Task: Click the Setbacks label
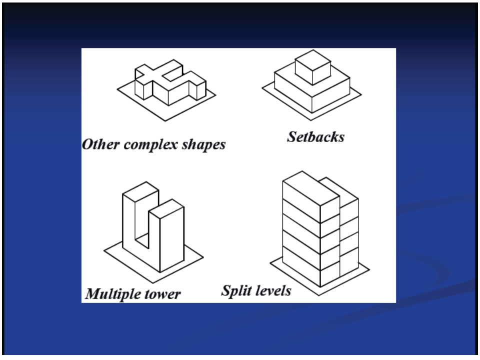(315, 137)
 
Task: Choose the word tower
(164, 294)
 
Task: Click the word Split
(234, 290)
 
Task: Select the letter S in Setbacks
(291, 137)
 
